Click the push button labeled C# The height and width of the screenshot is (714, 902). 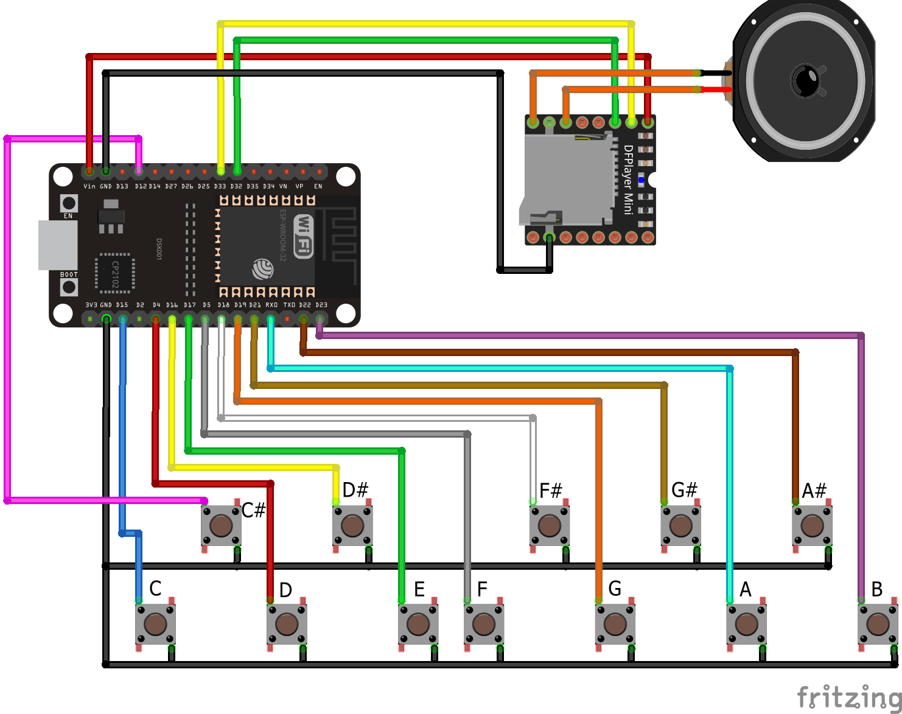tap(221, 525)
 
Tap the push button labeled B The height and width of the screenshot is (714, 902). tap(878, 624)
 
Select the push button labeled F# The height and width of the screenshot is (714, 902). tap(550, 525)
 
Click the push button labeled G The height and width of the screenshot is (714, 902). tap(615, 624)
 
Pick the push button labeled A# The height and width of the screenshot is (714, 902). tap(812, 525)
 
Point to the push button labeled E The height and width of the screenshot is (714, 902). tap(418, 624)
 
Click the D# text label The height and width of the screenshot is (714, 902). tap(355, 490)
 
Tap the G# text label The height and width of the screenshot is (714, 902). tap(684, 490)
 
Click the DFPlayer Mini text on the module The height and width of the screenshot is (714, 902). tap(629, 180)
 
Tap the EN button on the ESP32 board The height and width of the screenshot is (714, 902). tap(69, 203)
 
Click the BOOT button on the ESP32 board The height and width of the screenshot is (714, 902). tap(69, 287)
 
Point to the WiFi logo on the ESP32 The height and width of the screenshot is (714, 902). tap(303, 236)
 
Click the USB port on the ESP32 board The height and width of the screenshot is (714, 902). tap(58, 245)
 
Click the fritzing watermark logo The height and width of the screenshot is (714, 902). tap(848, 696)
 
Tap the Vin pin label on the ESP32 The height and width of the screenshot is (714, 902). tap(89, 186)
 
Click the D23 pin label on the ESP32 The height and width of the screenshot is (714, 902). tap(321, 305)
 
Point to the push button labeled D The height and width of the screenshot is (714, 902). tap(286, 624)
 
